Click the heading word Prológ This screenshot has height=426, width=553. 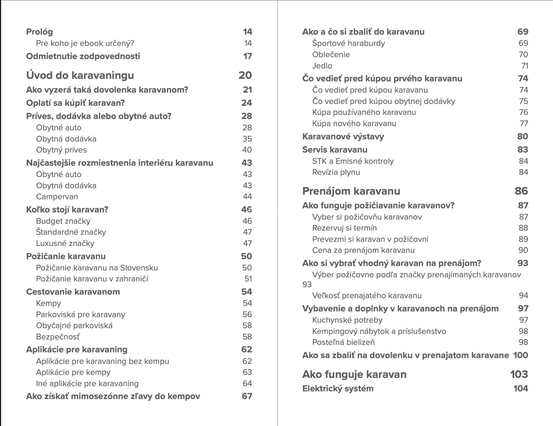[39, 32]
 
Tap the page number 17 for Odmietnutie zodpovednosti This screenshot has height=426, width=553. [248, 56]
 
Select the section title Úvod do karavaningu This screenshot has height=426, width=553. [80, 75]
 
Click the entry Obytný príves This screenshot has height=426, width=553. [61, 150]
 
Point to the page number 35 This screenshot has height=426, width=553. [247, 139]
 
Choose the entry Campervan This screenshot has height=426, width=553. [57, 197]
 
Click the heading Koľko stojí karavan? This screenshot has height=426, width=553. [67, 210]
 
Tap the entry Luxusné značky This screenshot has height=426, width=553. [65, 244]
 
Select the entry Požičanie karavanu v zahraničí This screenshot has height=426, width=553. [92, 279]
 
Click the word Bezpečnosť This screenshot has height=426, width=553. [58, 337]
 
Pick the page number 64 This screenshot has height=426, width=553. [247, 383]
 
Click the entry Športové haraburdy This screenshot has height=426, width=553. [348, 43]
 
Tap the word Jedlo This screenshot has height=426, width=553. [322, 66]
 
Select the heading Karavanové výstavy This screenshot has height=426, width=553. [343, 137]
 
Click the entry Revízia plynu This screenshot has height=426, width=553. [336, 172]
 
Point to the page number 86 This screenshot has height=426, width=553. [521, 191]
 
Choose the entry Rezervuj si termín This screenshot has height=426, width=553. [344, 228]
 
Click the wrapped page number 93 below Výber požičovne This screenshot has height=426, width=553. [307, 284]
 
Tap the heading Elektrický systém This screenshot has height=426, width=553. [338, 389]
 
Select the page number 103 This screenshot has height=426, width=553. [519, 374]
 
